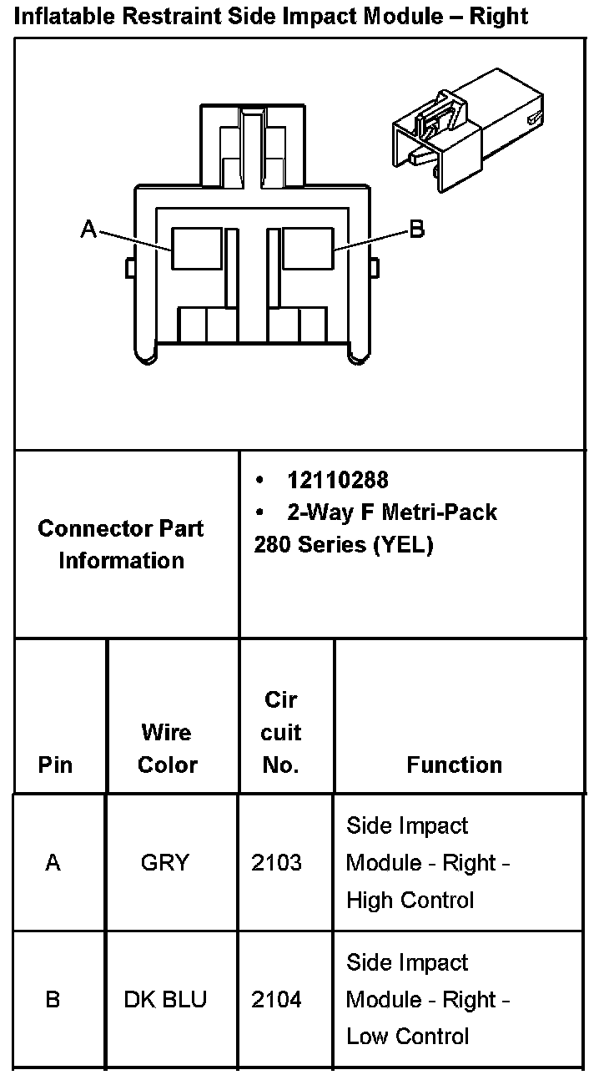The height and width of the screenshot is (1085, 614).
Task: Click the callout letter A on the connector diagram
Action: tap(88, 228)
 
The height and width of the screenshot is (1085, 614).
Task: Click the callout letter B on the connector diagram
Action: tap(417, 229)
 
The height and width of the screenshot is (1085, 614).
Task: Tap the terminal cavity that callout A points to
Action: tap(197, 248)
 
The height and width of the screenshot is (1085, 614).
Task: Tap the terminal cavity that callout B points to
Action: tap(308, 248)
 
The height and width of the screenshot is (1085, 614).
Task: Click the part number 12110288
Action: tap(337, 480)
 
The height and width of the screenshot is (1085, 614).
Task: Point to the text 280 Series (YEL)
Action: tap(344, 545)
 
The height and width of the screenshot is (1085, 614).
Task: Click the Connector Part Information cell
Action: tap(121, 544)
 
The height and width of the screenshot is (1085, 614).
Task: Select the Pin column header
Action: tap(55, 765)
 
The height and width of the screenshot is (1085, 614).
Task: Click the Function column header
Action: tap(454, 765)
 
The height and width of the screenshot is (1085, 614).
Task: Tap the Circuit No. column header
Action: tap(280, 732)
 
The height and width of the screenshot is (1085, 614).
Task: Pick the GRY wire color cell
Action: tap(165, 862)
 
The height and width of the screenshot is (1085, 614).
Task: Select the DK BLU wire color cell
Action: tap(165, 999)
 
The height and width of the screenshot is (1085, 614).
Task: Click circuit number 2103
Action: tap(276, 862)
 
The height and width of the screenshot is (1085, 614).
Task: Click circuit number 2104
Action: tap(276, 999)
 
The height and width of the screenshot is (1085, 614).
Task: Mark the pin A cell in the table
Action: tap(53, 862)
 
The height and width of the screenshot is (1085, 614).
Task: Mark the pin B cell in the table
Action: tap(53, 999)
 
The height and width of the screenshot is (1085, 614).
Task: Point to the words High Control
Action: tap(410, 900)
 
